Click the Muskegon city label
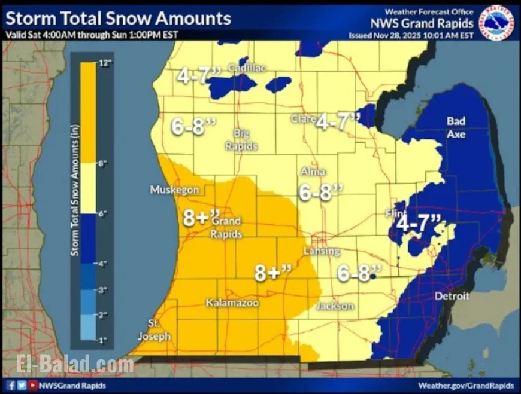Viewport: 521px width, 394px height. (x=174, y=190)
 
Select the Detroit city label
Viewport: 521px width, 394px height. (x=452, y=297)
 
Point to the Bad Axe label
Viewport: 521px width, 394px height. (x=456, y=127)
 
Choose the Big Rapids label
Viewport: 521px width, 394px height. (x=241, y=139)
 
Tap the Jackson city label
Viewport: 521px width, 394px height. (x=335, y=306)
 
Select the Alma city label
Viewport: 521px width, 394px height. (x=313, y=172)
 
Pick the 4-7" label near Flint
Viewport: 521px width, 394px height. (x=419, y=222)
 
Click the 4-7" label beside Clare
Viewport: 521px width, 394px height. (x=338, y=121)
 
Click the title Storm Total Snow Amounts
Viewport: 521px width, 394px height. (x=117, y=19)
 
